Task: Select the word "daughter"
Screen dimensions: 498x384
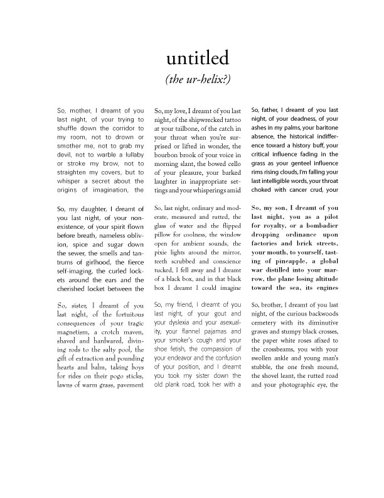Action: point(109,209)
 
